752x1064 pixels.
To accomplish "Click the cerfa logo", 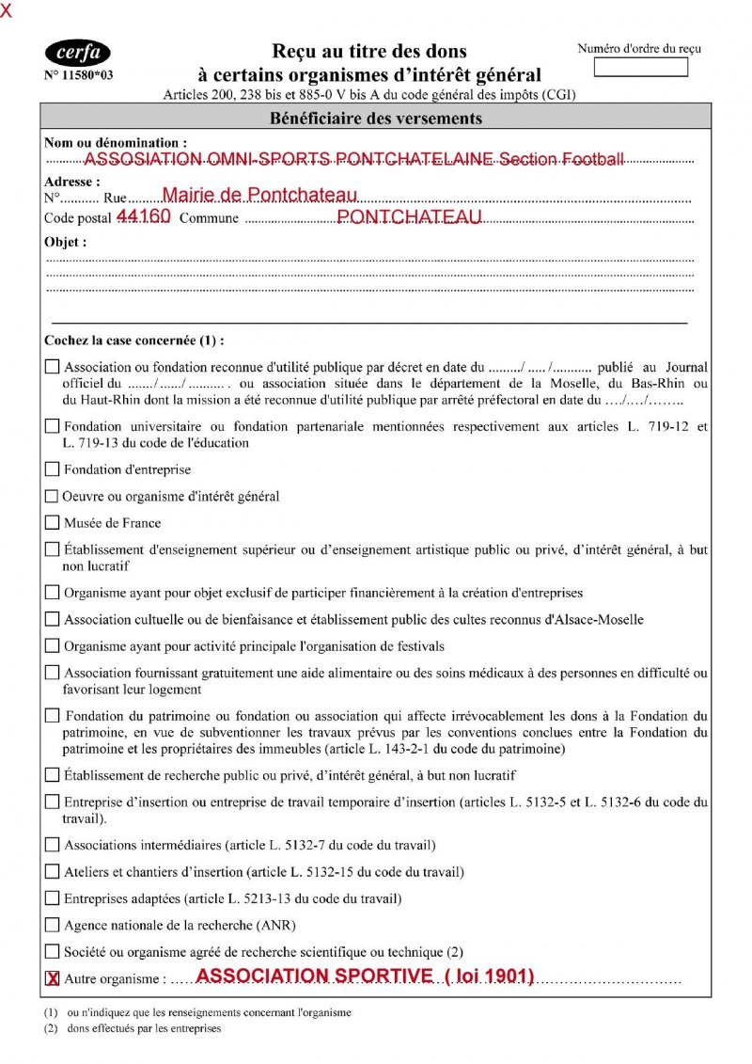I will (x=77, y=54).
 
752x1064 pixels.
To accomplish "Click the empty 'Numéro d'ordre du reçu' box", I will (x=641, y=68).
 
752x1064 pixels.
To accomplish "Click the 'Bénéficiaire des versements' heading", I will (x=376, y=119).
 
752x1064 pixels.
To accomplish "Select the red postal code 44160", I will (x=143, y=217).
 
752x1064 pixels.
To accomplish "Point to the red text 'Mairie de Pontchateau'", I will (x=260, y=196).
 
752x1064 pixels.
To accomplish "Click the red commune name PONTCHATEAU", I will (x=409, y=217).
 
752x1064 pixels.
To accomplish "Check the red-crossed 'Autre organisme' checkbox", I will (x=53, y=979).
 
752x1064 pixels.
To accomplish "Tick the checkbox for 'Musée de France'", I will (x=52, y=523).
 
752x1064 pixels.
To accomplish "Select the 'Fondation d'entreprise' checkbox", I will (x=52, y=469).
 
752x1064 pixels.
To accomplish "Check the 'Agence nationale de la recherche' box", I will (x=52, y=926).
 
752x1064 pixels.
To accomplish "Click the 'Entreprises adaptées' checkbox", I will (x=52, y=898).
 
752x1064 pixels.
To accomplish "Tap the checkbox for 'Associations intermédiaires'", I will (x=52, y=846).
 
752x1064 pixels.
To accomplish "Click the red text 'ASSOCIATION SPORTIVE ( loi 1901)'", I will (x=365, y=977).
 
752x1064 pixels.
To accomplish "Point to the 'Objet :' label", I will (x=66, y=243).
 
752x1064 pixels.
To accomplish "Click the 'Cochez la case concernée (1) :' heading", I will (x=134, y=341).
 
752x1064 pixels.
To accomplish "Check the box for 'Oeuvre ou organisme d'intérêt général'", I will (x=52, y=496).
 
